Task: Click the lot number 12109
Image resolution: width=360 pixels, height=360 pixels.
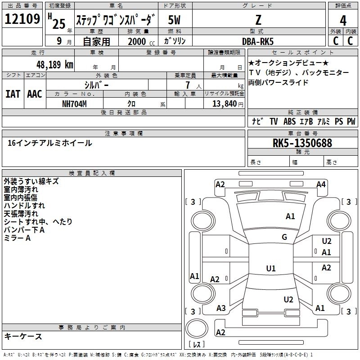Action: [x=22, y=19]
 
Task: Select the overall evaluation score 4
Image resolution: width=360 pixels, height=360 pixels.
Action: [x=343, y=20]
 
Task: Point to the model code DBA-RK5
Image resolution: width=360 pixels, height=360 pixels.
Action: [x=257, y=41]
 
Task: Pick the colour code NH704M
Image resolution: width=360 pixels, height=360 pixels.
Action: [x=74, y=103]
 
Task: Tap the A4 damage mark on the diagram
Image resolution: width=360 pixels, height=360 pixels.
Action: [x=321, y=184]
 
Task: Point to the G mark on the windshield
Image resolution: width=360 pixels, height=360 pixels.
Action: [x=284, y=237]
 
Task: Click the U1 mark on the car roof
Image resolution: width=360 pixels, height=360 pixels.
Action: [x=270, y=269]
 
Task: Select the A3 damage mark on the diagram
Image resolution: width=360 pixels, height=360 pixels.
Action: [x=221, y=308]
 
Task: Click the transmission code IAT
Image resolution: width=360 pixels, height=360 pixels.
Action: [x=13, y=94]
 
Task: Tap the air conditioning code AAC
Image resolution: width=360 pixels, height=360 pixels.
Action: [x=35, y=94]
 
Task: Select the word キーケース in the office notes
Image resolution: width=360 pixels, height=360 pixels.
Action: [x=23, y=336]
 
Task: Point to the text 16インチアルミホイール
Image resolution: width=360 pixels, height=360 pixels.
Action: [x=50, y=143]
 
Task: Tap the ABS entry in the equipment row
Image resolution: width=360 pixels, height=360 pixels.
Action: [x=289, y=121]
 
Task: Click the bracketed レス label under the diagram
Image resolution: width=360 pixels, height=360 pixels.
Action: [x=197, y=345]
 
